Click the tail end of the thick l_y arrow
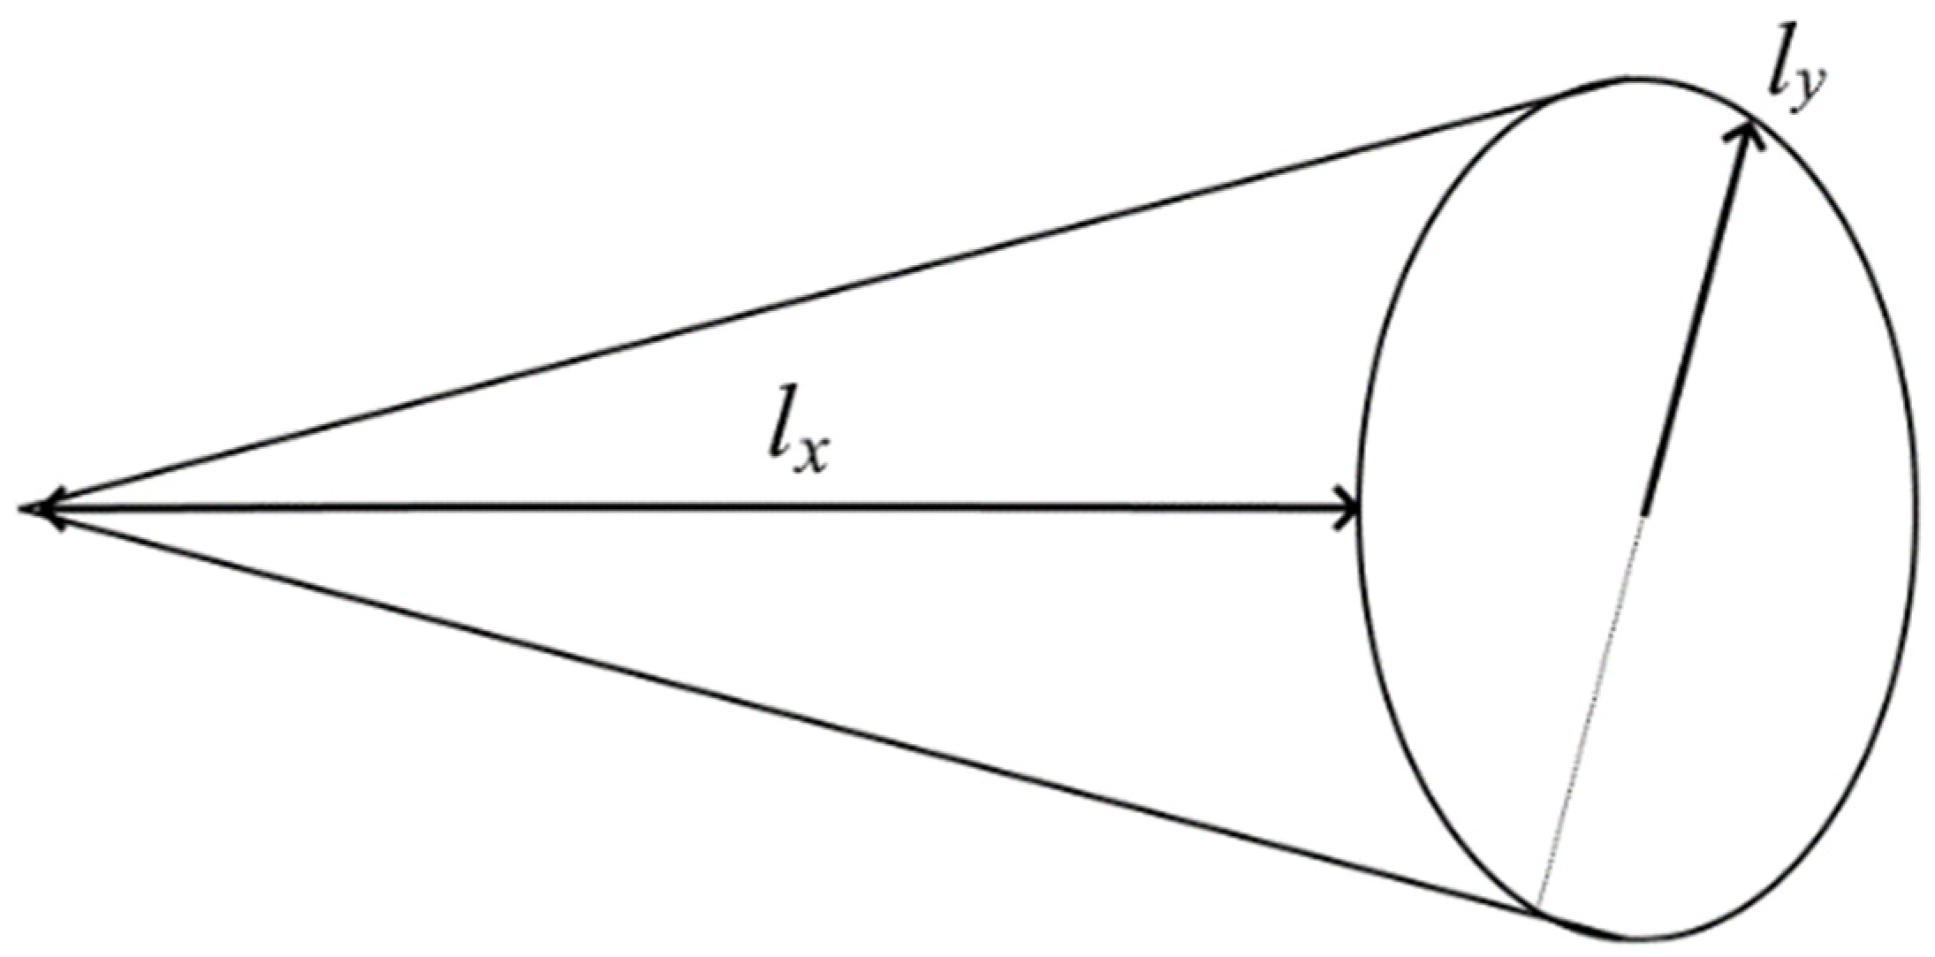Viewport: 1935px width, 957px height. (1643, 511)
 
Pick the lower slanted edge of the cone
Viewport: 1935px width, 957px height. (795, 716)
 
